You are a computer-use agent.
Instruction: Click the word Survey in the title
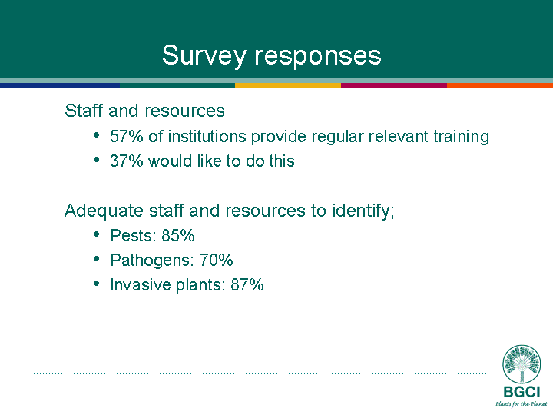[x=204, y=56]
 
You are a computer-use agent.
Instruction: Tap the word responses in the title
[x=318, y=56]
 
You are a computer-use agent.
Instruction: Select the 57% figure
[x=127, y=137]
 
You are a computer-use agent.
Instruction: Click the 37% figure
[x=127, y=161]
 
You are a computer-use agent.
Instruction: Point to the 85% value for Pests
[x=178, y=235]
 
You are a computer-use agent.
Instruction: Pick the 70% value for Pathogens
[x=216, y=260]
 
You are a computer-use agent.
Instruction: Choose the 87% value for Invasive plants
[x=247, y=285]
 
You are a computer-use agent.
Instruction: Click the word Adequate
[x=104, y=211]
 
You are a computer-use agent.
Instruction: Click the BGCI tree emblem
[x=522, y=364]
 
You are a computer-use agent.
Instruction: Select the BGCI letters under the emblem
[x=522, y=392]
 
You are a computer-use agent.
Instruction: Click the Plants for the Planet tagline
[x=522, y=403]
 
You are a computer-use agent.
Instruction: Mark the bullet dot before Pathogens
[x=97, y=259]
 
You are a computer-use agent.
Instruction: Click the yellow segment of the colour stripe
[x=288, y=85]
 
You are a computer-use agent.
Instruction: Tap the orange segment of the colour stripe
[x=500, y=85]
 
